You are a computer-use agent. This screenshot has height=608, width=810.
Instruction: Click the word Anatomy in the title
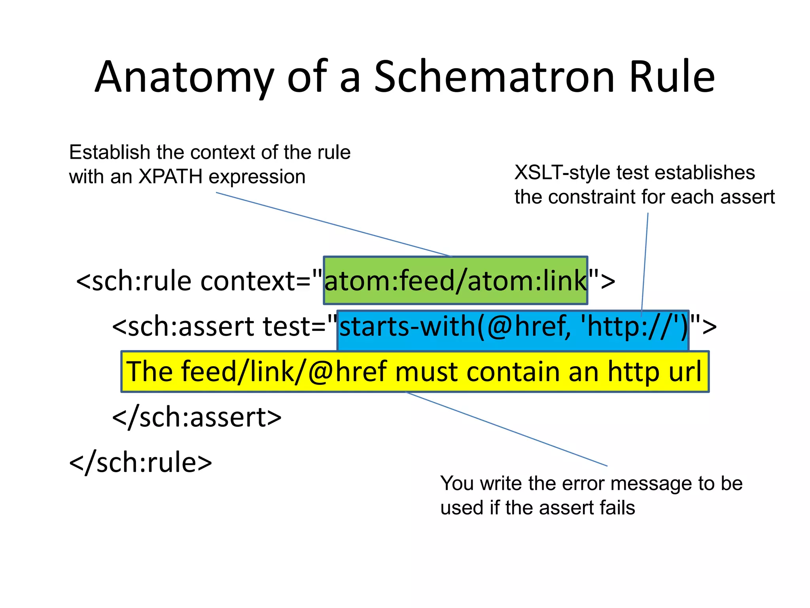(x=184, y=77)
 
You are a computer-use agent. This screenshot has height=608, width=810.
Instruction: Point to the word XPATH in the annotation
(x=170, y=177)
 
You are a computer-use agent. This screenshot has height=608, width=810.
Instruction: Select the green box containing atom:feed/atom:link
(x=455, y=280)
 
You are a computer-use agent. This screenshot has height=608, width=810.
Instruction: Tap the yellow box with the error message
(x=414, y=371)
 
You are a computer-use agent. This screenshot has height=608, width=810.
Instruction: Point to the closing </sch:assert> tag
(x=197, y=417)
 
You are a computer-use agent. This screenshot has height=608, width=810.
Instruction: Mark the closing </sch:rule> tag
(x=140, y=462)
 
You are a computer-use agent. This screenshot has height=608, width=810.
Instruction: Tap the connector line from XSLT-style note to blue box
(x=645, y=261)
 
